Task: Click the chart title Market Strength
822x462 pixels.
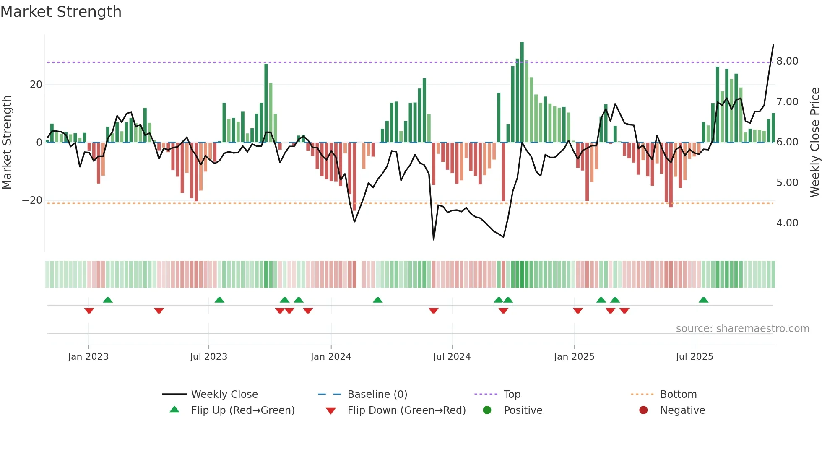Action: (61, 12)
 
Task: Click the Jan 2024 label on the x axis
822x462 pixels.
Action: (330, 357)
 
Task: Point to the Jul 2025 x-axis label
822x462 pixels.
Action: (694, 357)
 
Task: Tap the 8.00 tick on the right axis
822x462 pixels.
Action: (787, 61)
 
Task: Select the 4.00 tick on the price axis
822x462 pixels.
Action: (787, 223)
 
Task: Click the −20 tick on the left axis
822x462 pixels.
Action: (32, 200)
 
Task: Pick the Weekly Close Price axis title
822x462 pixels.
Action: (814, 142)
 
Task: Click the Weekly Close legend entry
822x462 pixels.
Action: (224, 395)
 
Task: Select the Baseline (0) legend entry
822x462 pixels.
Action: (377, 395)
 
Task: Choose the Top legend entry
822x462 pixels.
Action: (512, 395)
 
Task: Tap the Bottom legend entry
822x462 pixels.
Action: (678, 395)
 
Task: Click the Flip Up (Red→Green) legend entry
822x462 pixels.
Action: (242, 410)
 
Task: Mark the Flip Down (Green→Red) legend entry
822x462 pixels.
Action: (406, 410)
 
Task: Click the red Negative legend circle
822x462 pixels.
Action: (643, 410)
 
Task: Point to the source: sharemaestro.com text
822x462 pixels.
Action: (742, 329)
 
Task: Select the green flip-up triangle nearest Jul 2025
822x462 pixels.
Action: (703, 300)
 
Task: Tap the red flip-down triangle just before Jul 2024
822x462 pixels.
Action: (433, 311)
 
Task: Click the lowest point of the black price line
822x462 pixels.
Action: (433, 240)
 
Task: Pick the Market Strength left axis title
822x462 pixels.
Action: (7, 142)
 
